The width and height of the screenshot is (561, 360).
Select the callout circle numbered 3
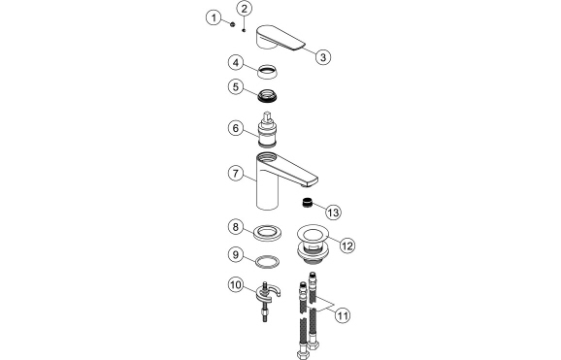pos(324,56)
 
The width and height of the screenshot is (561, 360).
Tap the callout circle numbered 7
pos(234,175)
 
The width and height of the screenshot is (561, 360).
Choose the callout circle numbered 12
pos(346,245)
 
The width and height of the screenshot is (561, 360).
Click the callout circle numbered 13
pos(333,211)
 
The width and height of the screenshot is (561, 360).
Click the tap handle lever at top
pos(280,40)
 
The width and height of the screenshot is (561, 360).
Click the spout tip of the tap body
pos(313,181)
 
